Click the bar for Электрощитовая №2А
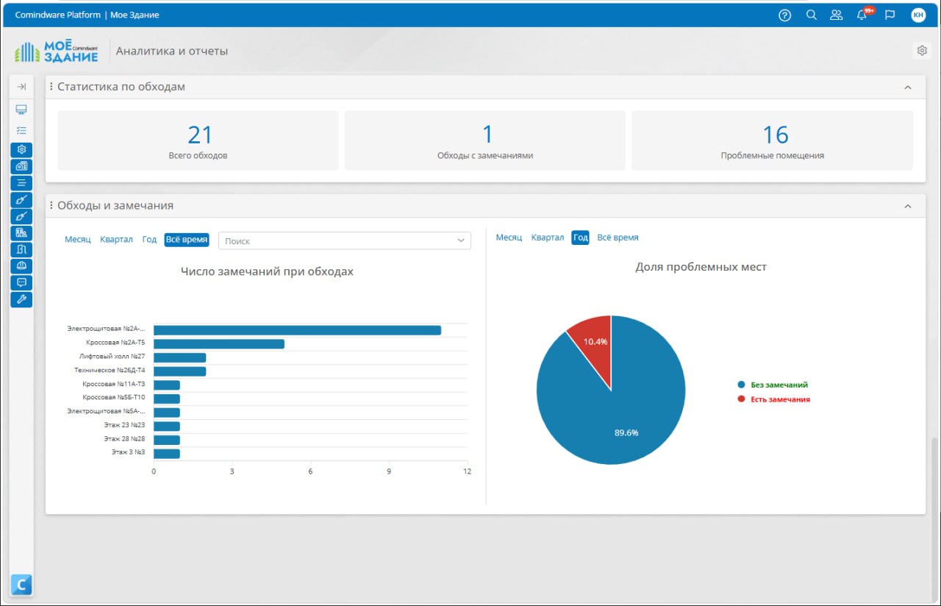pyautogui.click(x=297, y=330)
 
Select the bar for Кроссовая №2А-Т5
pyautogui.click(x=219, y=344)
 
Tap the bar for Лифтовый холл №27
pyautogui.click(x=180, y=357)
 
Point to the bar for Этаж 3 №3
pyautogui.click(x=167, y=454)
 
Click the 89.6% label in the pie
pyautogui.click(x=626, y=433)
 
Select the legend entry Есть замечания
pyautogui.click(x=774, y=399)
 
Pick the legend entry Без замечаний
pyautogui.click(x=773, y=385)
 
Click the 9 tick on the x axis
pyautogui.click(x=389, y=471)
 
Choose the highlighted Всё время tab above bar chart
pyautogui.click(x=187, y=240)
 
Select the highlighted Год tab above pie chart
pyautogui.click(x=580, y=238)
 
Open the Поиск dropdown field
pyautogui.click(x=345, y=240)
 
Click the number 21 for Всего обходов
pyautogui.click(x=199, y=135)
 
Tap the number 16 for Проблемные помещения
pyautogui.click(x=775, y=135)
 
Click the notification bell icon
pyautogui.click(x=862, y=15)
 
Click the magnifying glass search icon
pyautogui.click(x=811, y=15)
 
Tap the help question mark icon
pyautogui.click(x=784, y=15)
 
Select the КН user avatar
pyautogui.click(x=918, y=15)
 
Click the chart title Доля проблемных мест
pyautogui.click(x=701, y=267)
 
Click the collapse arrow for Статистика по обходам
pyautogui.click(x=908, y=88)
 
